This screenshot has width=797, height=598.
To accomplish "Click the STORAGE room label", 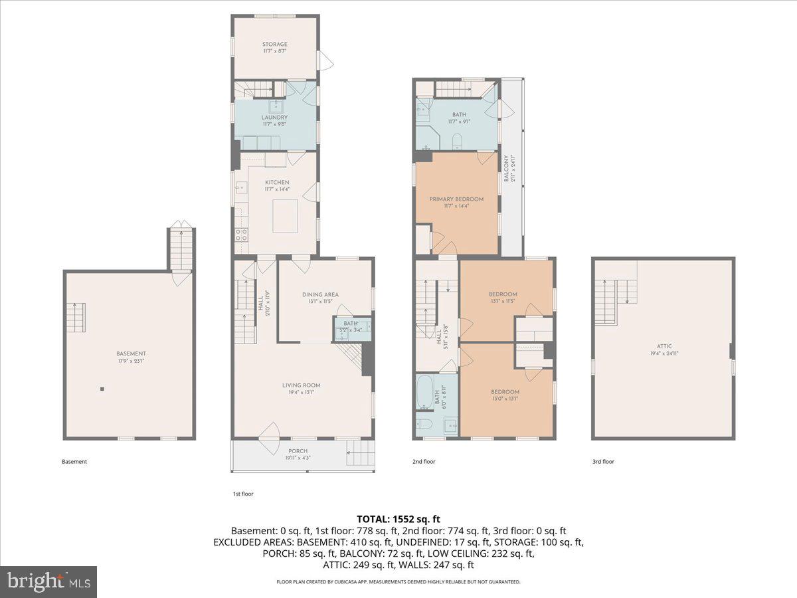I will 274,45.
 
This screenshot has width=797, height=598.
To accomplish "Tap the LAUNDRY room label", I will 274,118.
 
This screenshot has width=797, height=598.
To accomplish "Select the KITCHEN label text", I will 277,182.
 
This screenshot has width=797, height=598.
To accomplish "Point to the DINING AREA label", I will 320,294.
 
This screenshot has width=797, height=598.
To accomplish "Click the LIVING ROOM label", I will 302,385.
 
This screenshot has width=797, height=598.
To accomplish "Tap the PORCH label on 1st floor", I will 297,451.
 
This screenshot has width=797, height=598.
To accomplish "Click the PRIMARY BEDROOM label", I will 456,199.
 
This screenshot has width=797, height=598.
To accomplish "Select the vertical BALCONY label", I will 506,169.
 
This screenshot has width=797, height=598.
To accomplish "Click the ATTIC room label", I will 665,346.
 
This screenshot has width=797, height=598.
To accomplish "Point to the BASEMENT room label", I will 130,353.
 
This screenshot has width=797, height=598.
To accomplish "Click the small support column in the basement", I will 102,389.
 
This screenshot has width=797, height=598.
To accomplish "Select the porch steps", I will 357,456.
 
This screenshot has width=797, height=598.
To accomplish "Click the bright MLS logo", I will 48,582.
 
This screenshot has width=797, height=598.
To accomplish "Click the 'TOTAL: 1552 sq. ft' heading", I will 398,519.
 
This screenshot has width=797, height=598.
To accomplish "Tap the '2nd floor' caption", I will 424,461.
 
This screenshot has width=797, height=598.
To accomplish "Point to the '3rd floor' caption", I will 603,461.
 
